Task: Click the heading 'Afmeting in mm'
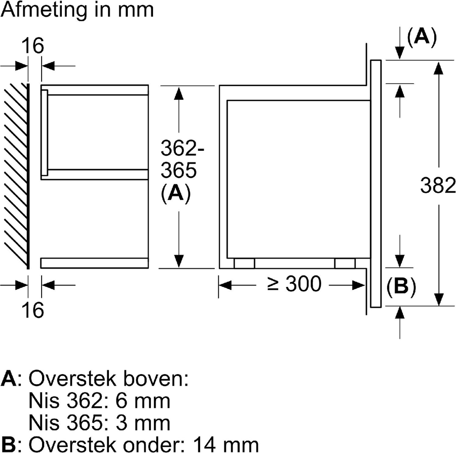(x=77, y=10)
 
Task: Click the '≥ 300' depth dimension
(x=294, y=284)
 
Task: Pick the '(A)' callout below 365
(x=175, y=194)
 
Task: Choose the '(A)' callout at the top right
(x=422, y=37)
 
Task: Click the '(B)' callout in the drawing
(x=401, y=286)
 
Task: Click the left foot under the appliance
(x=244, y=263)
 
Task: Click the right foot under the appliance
(x=345, y=263)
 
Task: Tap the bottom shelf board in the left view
(x=95, y=263)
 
